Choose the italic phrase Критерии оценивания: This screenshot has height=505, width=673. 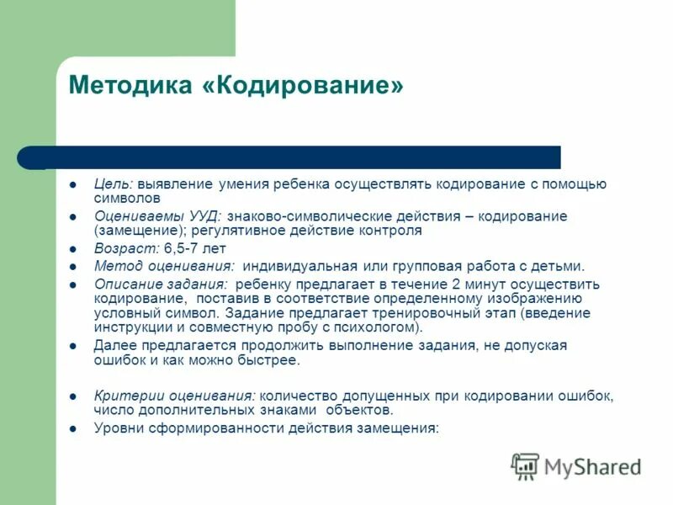pos(175,395)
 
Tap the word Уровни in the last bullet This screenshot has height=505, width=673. pos(119,428)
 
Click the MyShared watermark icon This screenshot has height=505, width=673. pos(526,465)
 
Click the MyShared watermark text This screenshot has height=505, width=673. pos(592,466)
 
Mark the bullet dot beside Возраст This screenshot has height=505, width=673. pos(73,250)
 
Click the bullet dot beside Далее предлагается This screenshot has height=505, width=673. pos(73,346)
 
